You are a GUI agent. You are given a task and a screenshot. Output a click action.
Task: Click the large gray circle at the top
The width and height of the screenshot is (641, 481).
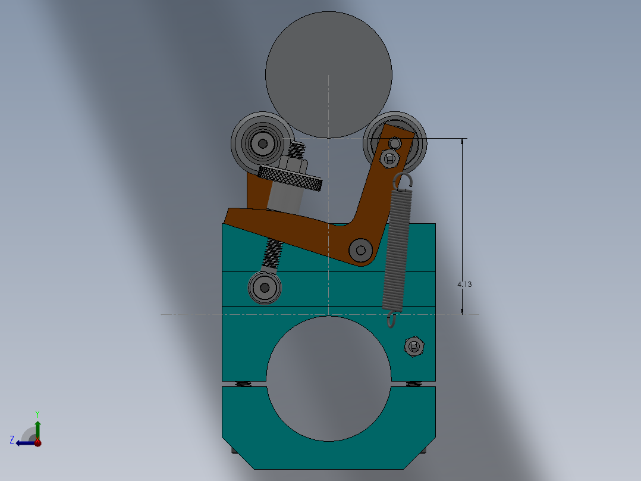point(328,74)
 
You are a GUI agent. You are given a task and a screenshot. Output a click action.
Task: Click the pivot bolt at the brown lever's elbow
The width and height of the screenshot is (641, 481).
point(360,249)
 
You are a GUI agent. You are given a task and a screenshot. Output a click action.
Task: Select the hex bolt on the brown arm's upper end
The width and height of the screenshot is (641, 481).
point(390,158)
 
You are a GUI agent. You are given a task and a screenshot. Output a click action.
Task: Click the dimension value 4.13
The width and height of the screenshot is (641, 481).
point(464,285)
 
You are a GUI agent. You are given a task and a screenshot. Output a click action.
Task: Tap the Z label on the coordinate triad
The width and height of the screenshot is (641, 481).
point(12,439)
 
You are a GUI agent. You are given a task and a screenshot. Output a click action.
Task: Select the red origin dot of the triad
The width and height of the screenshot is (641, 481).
point(37,443)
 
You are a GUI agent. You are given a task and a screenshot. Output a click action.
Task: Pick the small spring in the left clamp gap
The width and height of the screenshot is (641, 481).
point(243,383)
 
